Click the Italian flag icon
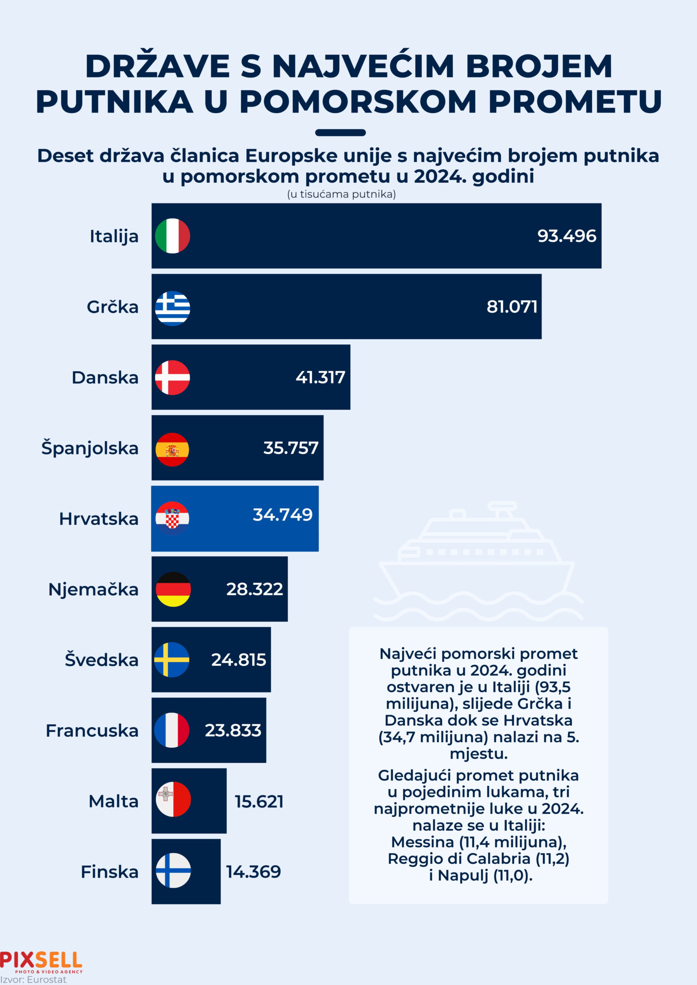[172, 236]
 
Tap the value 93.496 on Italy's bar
[567, 236]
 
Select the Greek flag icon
[172, 308]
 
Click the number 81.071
[512, 307]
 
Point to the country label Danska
[105, 378]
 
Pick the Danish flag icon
[172, 378]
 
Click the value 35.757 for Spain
[291, 448]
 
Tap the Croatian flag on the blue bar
[172, 518]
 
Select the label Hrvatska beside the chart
[99, 519]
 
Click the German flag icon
[173, 589]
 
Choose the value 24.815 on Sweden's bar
[238, 660]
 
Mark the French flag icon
[172, 730]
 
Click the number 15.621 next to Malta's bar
[259, 802]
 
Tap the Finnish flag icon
[173, 871]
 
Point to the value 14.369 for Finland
[254, 871]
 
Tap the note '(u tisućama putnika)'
[341, 194]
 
